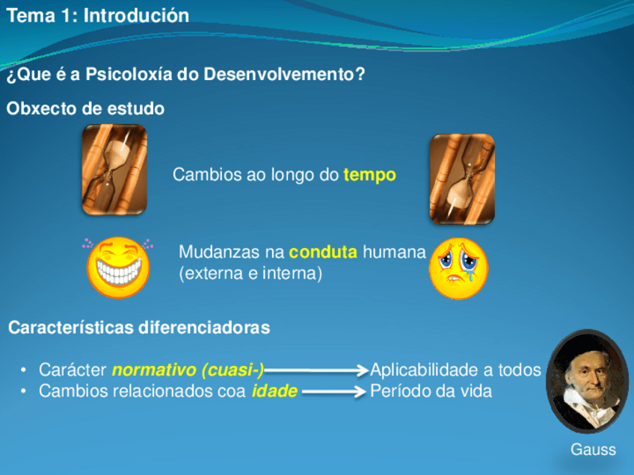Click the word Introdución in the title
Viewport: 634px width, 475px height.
point(136,16)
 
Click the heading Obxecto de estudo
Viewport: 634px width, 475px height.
point(85,108)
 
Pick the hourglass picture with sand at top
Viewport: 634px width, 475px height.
point(114,170)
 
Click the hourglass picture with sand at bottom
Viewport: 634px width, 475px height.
point(462,179)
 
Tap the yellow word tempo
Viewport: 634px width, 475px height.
point(369,175)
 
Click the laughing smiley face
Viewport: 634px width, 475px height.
point(118,267)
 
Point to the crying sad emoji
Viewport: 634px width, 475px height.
point(458,269)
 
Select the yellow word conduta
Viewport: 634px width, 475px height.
point(323,252)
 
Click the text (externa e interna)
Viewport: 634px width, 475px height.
point(250,273)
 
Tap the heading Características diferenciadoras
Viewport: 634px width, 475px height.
point(139,328)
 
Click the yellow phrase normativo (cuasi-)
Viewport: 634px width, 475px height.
point(188,370)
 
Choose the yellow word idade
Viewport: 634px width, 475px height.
point(274,391)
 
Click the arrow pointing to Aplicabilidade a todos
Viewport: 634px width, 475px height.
point(316,370)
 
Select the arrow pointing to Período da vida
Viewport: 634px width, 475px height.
point(334,391)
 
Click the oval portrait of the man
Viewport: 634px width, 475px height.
point(588,382)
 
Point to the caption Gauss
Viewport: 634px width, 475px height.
point(593,450)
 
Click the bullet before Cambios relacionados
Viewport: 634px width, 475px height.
point(23,391)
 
